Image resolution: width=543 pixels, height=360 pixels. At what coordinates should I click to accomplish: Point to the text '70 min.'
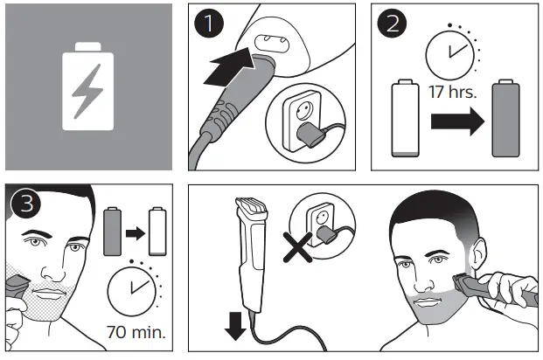[136, 332]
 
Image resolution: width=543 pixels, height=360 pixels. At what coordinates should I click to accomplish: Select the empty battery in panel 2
[401, 119]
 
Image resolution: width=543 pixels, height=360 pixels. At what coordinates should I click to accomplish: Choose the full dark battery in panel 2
[505, 119]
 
